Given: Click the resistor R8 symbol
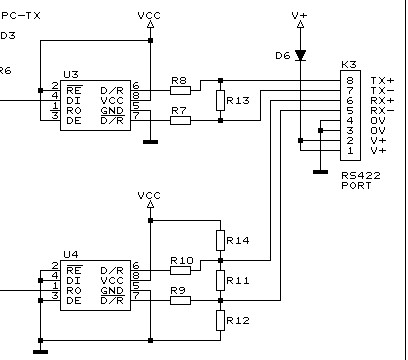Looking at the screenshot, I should [x=180, y=88].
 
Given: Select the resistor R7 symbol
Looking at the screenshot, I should [x=180, y=120].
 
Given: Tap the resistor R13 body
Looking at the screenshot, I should [x=220, y=100].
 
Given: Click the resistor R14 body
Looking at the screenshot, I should [x=220, y=241].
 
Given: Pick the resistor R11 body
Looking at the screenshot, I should [x=220, y=280].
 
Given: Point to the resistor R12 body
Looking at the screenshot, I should [x=220, y=320].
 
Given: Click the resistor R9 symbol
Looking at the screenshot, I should [x=180, y=300].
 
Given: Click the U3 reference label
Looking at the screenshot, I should [x=69, y=75].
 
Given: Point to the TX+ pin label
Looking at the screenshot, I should [x=382, y=80].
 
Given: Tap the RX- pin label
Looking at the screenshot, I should [x=382, y=111].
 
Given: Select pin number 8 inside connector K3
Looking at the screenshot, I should [x=350, y=80].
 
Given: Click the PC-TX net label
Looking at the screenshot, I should [x=20, y=16].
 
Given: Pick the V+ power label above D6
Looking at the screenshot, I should [x=299, y=16].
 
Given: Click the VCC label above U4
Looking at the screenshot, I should [x=149, y=195].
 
